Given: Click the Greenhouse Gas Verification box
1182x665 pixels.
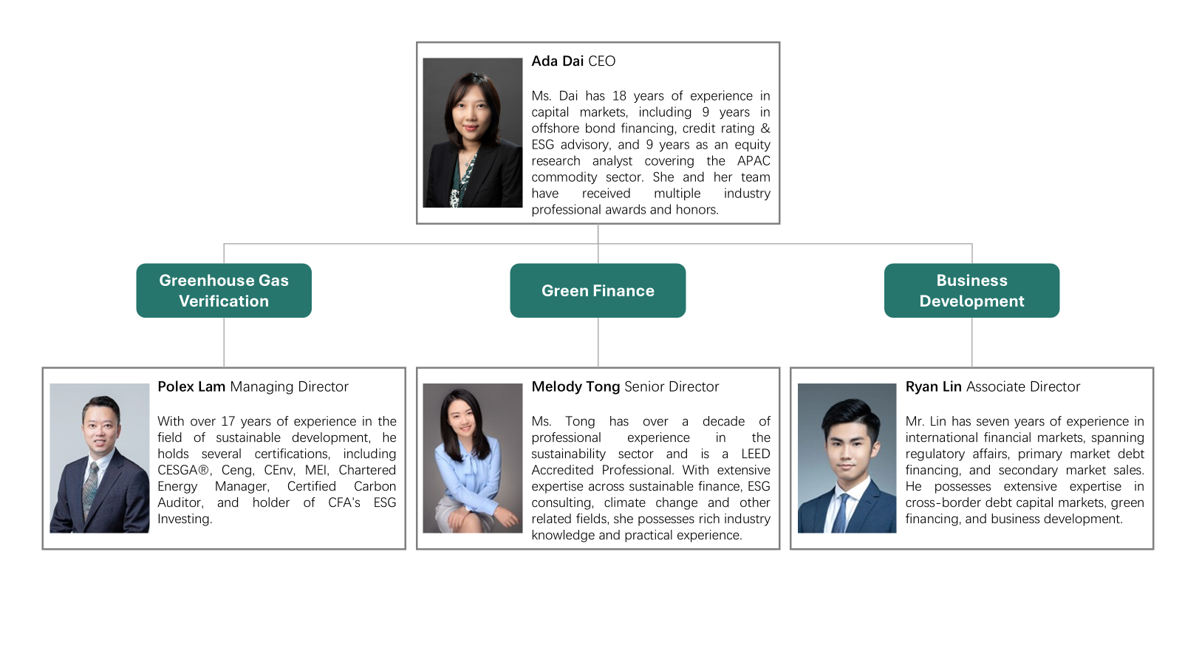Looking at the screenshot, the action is pos(224,290).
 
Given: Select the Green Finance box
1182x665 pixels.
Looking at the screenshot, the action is pos(598,290).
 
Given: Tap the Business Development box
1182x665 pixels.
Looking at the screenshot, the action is pos(971,290).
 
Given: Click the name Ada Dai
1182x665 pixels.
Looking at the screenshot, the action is pos(557,61).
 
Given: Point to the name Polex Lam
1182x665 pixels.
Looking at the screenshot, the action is pos(191,387).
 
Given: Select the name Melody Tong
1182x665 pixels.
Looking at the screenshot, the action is pos(575,387).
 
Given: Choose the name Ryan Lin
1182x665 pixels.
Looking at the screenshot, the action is pos(934,387).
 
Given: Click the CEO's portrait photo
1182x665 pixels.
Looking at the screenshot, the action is pos(472,132).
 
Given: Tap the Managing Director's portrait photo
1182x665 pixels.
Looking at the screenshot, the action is pos(99,457).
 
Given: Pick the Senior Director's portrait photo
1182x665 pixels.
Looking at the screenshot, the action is pos(472,457).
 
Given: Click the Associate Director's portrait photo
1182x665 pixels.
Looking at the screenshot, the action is pos(847,457).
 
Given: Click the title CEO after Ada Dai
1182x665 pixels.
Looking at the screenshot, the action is pos(601,61).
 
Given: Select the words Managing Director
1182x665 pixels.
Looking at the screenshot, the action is pos(289,387).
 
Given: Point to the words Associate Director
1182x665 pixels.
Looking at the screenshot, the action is pos(1023,387).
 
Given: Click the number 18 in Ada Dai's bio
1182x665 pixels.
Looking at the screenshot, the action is pos(619,96).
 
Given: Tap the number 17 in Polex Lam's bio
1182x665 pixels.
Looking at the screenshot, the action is pos(228,422).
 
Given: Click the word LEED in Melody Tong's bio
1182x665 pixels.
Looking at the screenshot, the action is pos(756,454).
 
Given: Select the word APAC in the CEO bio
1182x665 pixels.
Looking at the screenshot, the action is pos(754,161).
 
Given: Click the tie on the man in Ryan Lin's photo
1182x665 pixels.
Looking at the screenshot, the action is pos(840,512).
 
